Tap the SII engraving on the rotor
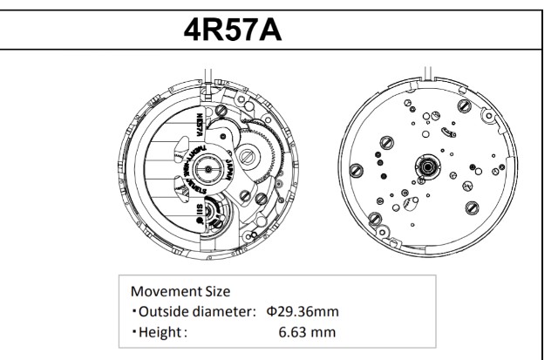(201, 210)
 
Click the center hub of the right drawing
(429, 164)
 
